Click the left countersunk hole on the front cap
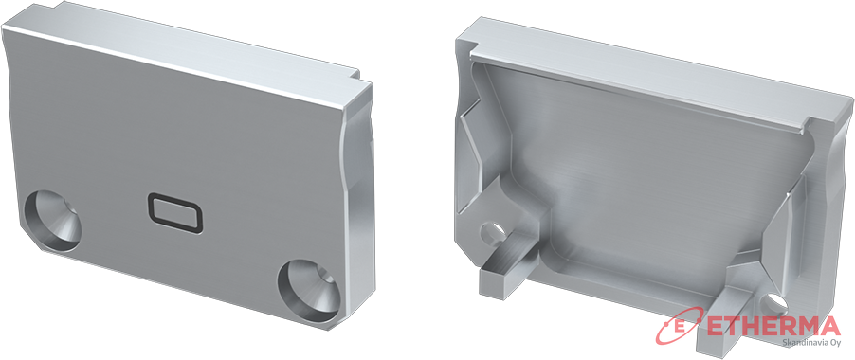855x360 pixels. [x=52, y=222]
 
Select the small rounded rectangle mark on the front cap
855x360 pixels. [x=174, y=213]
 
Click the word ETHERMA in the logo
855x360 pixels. [x=773, y=326]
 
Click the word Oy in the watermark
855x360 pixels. [x=834, y=343]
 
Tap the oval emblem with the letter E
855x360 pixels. [x=679, y=326]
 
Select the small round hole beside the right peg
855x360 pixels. [x=774, y=303]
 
